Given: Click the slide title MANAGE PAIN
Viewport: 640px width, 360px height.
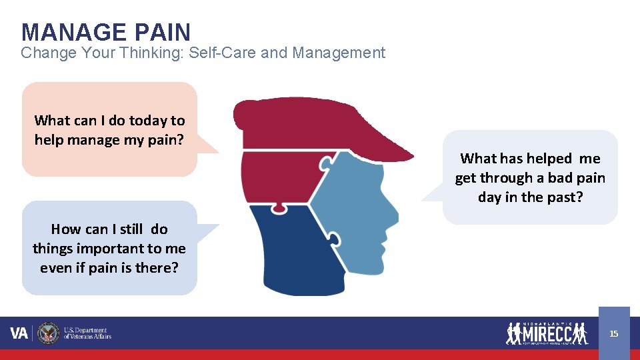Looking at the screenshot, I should [x=105, y=32].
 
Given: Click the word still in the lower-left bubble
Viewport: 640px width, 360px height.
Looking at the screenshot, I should [x=131, y=229].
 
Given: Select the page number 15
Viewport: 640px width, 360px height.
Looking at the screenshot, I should [x=614, y=333].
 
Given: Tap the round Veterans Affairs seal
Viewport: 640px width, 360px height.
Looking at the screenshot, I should [x=48, y=333].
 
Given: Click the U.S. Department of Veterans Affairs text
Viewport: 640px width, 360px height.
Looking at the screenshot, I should [x=87, y=333].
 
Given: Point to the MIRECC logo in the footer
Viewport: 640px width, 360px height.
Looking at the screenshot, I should [x=547, y=333].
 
